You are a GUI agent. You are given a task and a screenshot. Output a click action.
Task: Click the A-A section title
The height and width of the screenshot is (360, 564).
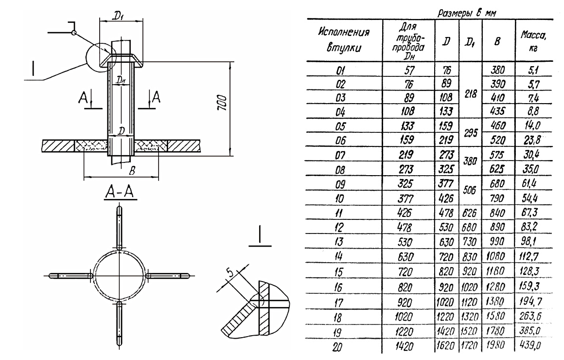tap(119, 195)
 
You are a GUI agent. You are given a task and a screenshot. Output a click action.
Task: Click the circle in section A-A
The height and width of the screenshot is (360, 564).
tap(119, 275)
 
